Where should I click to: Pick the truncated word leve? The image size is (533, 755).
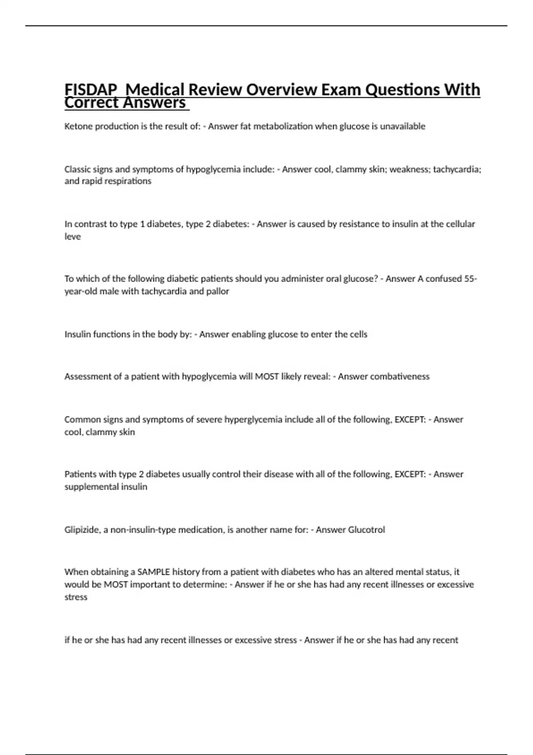point(73,237)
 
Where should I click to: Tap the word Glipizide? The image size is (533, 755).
point(82,530)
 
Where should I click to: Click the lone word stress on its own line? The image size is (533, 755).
point(76,597)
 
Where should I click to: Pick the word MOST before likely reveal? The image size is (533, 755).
point(266,377)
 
